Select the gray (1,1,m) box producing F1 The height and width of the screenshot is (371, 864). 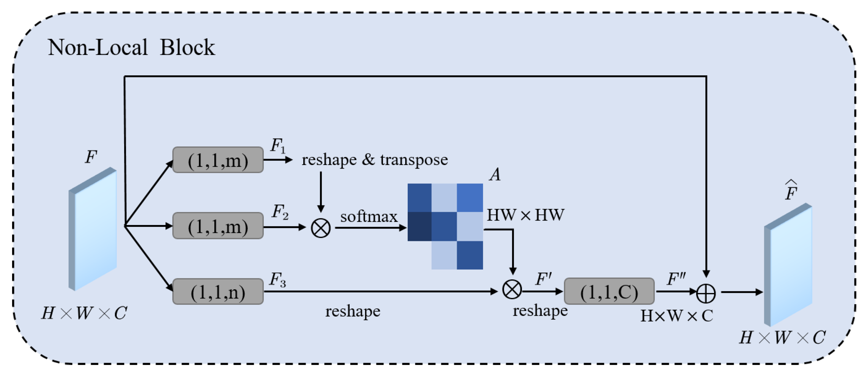[218, 160]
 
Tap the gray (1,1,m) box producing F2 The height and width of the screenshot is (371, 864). [218, 226]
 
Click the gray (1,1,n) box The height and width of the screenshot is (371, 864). [218, 292]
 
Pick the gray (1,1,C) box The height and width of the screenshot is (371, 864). [609, 292]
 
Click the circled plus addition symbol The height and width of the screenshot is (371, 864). [706, 293]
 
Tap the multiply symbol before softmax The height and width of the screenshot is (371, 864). [321, 228]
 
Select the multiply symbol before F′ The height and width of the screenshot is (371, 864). [512, 289]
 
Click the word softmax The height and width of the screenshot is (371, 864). [369, 216]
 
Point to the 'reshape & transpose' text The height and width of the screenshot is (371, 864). [375, 160]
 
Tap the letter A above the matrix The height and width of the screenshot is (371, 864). [495, 175]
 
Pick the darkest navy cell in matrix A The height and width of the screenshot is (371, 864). [419, 227]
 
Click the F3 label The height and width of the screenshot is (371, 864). [278, 279]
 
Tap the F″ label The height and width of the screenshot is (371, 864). [676, 279]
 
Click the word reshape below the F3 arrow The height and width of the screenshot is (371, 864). [352, 311]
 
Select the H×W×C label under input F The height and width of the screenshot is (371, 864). [84, 313]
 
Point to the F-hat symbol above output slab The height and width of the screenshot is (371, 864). [791, 190]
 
